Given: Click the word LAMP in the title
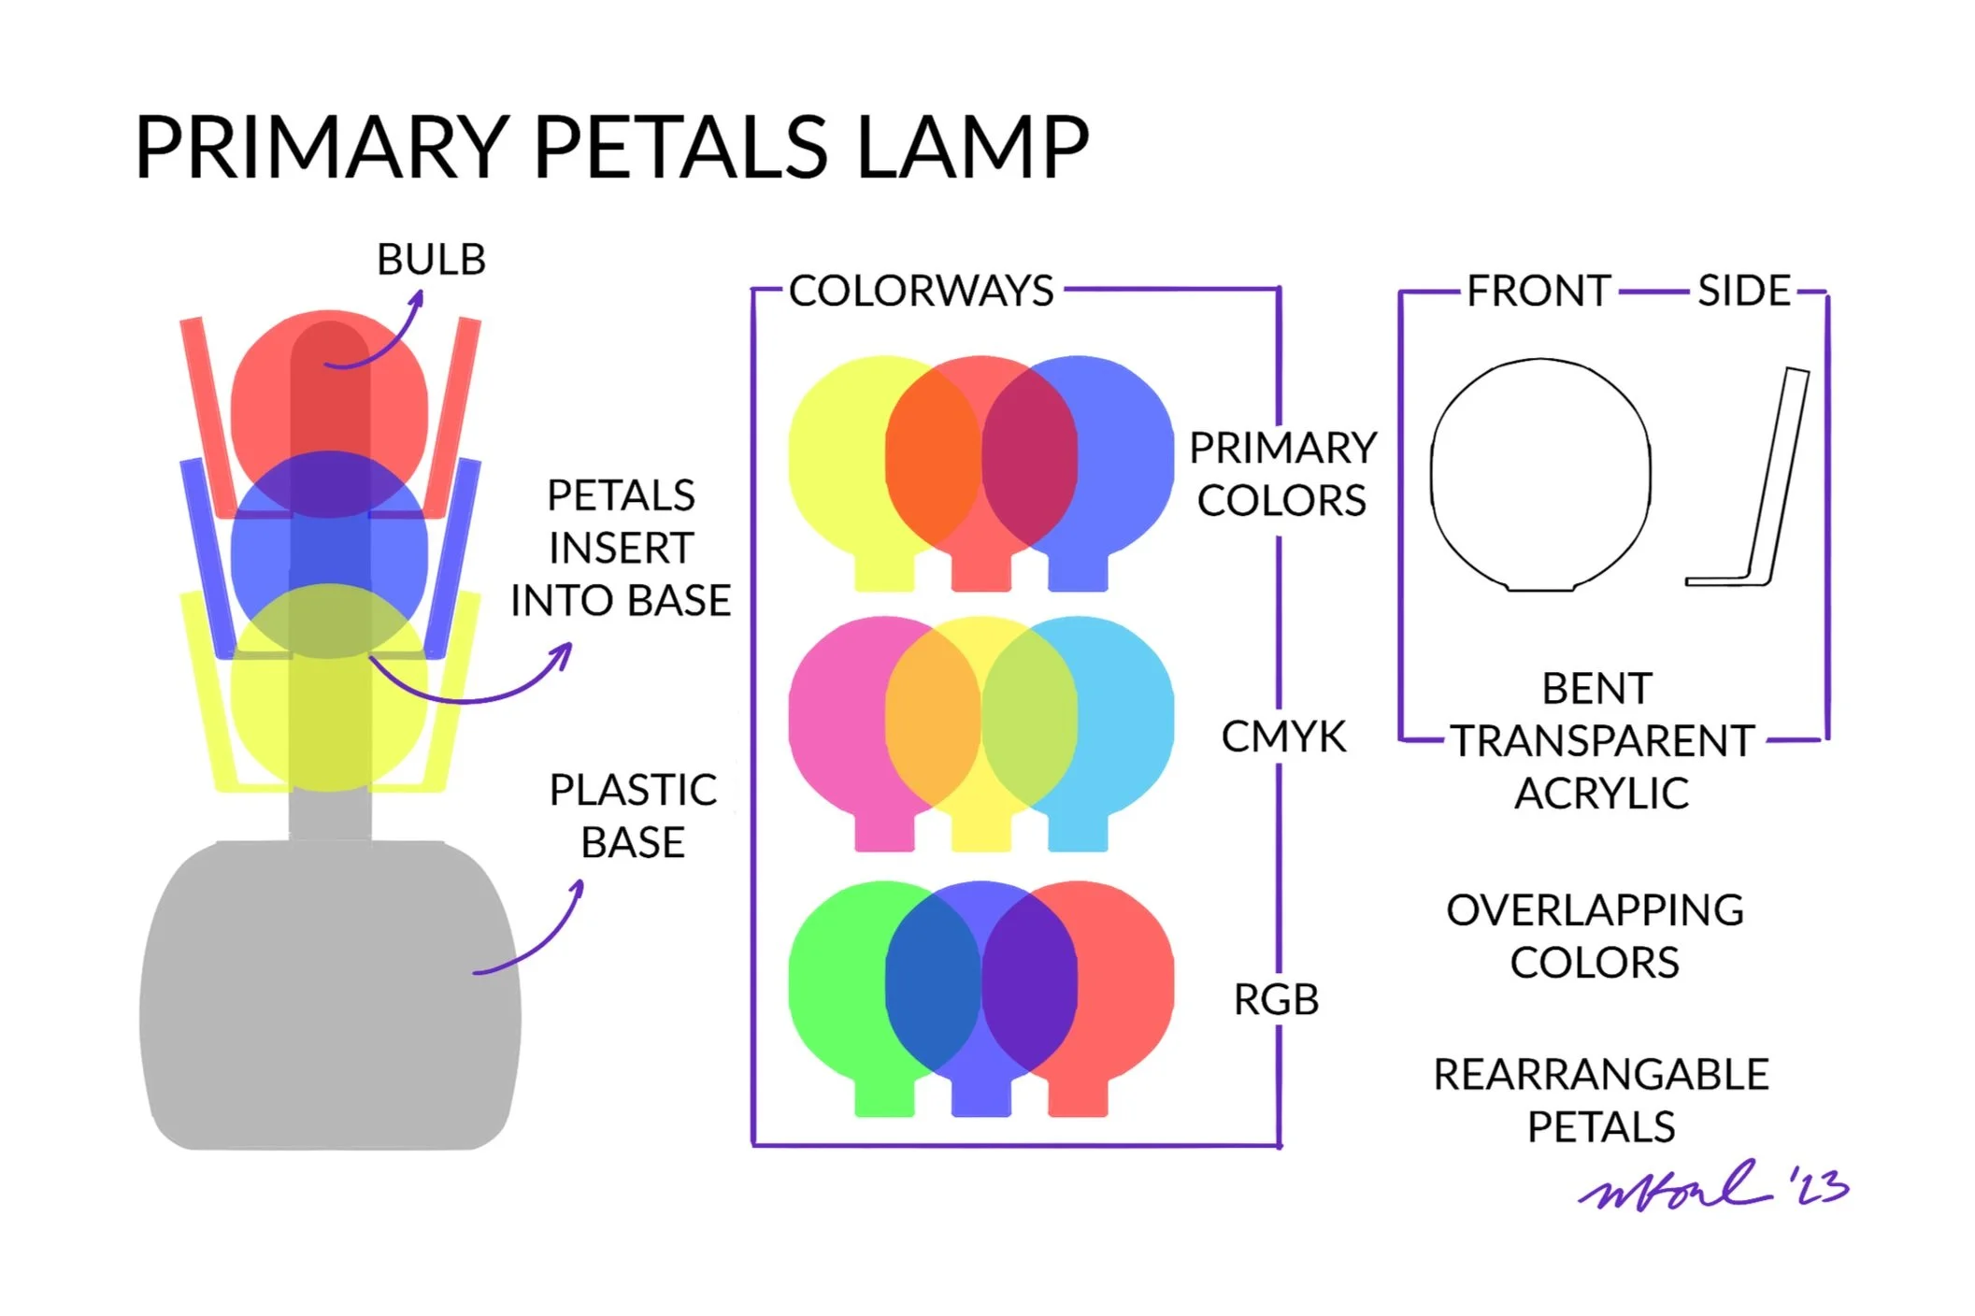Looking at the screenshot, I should pyautogui.click(x=972, y=148).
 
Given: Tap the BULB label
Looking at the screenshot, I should pyautogui.click(x=431, y=260).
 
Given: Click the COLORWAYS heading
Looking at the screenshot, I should pyautogui.click(x=921, y=291).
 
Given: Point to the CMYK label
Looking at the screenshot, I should pyautogui.click(x=1283, y=737).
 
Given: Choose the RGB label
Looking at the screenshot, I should pyautogui.click(x=1276, y=1000).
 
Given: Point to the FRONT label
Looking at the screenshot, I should pyautogui.click(x=1538, y=292).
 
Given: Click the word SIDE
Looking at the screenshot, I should pyautogui.click(x=1743, y=292).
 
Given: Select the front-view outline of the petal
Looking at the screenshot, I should pyautogui.click(x=1540, y=475).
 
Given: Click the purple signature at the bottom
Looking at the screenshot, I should pyautogui.click(x=1710, y=1187).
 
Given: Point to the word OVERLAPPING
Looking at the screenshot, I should pyautogui.click(x=1595, y=910).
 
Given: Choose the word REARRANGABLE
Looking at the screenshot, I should pyautogui.click(x=1600, y=1075).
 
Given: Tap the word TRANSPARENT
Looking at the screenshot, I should pyautogui.click(x=1602, y=741).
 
